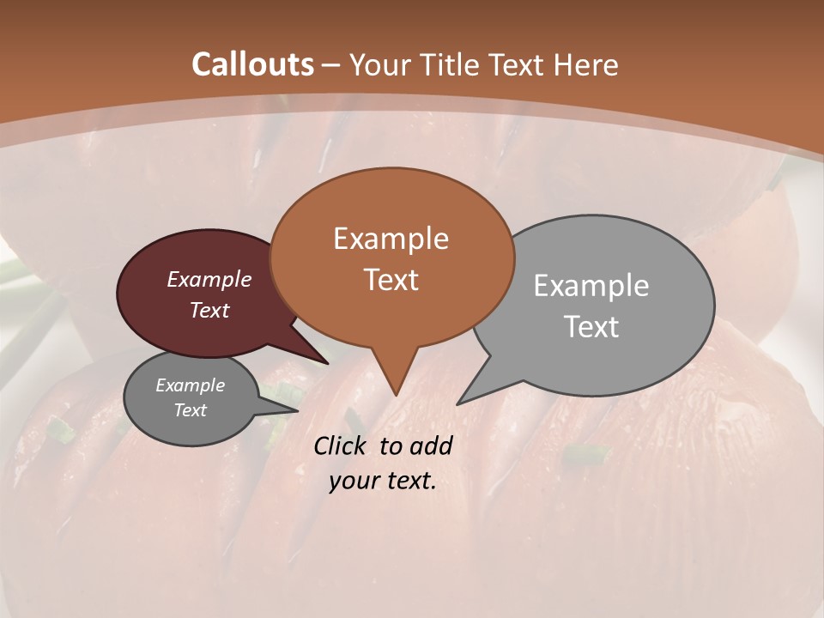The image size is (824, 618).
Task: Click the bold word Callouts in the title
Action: [x=252, y=64]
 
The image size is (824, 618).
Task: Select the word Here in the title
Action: [x=587, y=64]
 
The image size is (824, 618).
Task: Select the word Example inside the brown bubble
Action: [x=391, y=239]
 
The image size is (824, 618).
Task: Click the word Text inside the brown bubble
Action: [x=391, y=280]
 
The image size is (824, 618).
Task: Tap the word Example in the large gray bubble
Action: [x=591, y=286]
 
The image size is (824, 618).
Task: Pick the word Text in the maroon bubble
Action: [x=209, y=311]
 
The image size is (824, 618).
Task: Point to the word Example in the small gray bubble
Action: [x=190, y=385]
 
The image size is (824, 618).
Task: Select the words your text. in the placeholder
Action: [x=382, y=481]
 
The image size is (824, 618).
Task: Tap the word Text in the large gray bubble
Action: [x=591, y=327]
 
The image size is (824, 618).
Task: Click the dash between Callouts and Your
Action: [x=331, y=65]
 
